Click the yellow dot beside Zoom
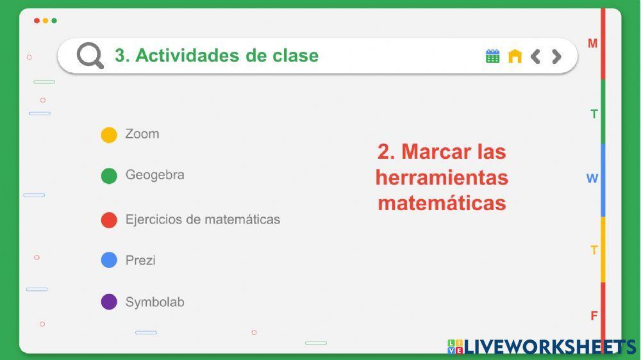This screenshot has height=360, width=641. [109, 135]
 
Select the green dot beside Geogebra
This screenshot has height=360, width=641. [109, 176]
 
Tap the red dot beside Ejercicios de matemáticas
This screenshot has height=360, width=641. [109, 220]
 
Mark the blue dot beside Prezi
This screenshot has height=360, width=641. [109, 260]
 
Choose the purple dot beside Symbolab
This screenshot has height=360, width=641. [109, 302]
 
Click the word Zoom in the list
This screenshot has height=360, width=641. [142, 134]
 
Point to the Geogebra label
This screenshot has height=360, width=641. [154, 175]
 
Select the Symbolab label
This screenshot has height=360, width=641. [154, 302]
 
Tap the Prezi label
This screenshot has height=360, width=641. [140, 260]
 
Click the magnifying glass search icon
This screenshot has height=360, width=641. [90, 56]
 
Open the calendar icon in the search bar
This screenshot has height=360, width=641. [492, 56]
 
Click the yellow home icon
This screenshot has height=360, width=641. [515, 56]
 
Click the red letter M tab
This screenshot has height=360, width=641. [593, 44]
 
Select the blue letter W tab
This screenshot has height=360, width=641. [592, 179]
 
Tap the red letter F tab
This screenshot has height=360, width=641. [594, 316]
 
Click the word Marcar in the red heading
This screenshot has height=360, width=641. [437, 152]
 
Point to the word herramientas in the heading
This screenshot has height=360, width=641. [442, 177]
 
